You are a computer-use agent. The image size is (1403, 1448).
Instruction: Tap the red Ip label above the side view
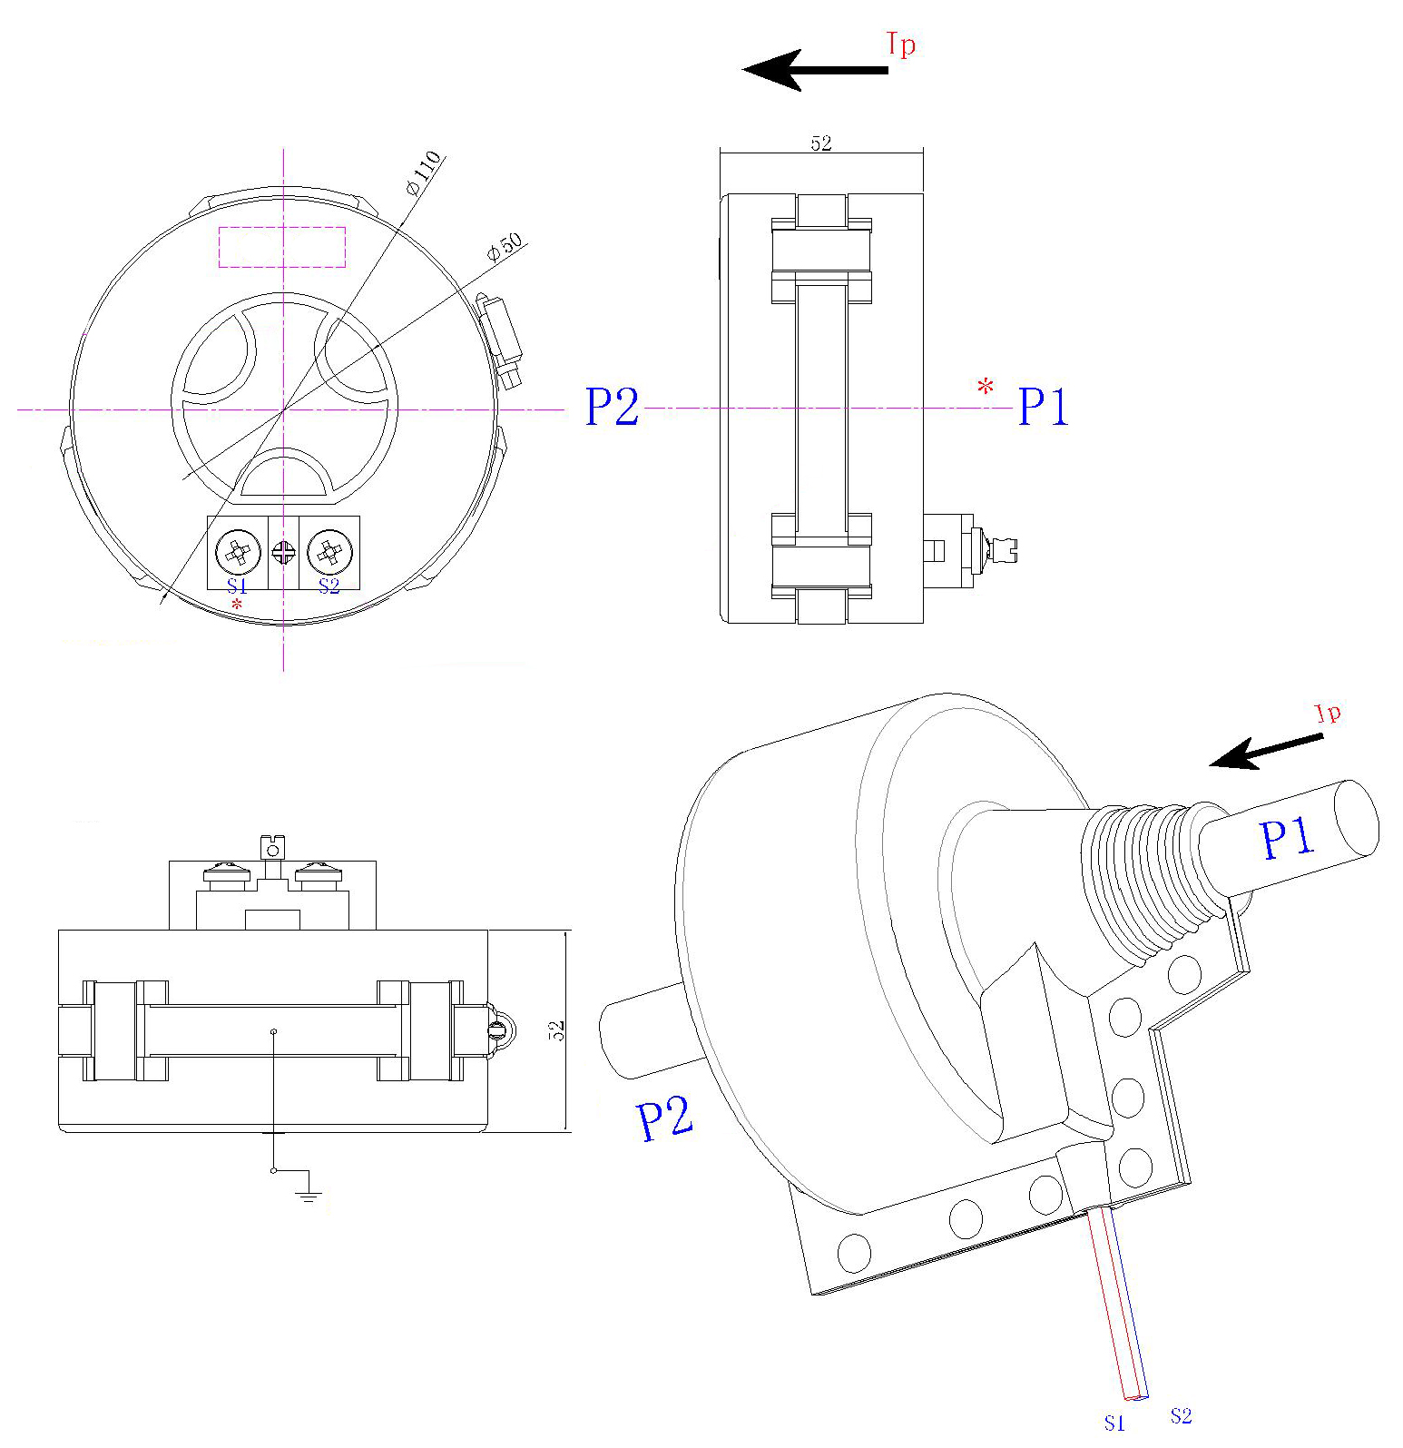900,44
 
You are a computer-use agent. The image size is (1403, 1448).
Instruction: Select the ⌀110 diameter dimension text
424,172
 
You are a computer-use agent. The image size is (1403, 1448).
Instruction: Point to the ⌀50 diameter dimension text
505,248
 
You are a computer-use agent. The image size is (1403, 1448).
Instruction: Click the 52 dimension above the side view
820,143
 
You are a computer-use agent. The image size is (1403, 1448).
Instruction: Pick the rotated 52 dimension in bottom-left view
556,1030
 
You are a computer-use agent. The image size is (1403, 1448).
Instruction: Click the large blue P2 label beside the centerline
612,407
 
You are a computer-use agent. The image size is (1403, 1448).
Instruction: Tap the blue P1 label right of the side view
1043,407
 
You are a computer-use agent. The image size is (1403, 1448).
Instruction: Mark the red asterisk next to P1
985,389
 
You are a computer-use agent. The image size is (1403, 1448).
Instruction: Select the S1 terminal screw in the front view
238,551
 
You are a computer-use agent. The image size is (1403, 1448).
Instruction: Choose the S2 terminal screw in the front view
329,551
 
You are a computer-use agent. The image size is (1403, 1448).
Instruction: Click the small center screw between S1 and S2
284,552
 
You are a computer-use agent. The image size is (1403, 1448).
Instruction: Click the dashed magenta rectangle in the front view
282,247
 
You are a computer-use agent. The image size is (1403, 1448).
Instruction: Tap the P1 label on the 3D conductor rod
1287,837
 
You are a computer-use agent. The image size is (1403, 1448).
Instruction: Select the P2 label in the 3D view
664,1118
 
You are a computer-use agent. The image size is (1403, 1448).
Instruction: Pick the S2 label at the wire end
1181,1415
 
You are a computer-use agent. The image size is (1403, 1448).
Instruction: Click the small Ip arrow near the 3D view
1266,751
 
